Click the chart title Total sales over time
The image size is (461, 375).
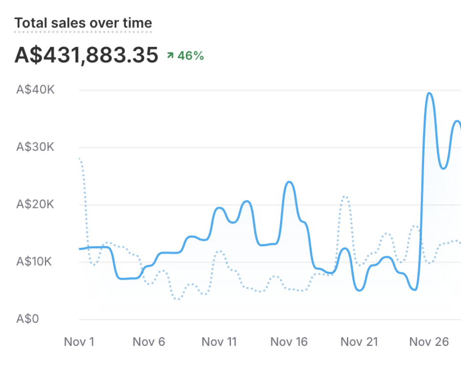tap(83, 23)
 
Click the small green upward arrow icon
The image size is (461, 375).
tap(170, 56)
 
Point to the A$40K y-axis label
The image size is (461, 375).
tap(35, 90)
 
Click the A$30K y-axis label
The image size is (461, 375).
tap(35, 147)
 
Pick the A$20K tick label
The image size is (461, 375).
tap(35, 205)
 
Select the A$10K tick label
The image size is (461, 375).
tap(35, 262)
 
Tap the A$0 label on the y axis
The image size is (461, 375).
tap(27, 319)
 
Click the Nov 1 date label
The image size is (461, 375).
tap(79, 342)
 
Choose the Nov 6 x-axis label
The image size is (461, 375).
tap(148, 342)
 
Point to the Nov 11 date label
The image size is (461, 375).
tap(219, 342)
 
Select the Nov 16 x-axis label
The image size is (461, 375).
tap(289, 342)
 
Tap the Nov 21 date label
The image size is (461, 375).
tap(359, 342)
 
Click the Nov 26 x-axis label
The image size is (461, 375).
tap(429, 342)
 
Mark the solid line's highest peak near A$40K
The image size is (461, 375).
tap(429, 93)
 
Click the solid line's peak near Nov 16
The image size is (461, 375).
tap(289, 182)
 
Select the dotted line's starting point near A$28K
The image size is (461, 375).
tap(79, 159)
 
